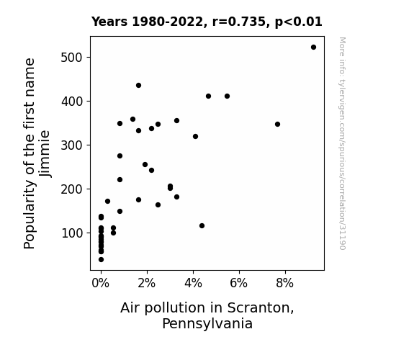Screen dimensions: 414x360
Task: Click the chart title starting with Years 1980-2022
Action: (207, 22)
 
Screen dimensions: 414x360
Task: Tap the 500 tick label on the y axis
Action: (72, 58)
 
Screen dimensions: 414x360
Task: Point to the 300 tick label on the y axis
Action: (72, 145)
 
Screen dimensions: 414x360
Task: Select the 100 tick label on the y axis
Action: (72, 233)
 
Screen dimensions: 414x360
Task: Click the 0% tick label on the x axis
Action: (100, 283)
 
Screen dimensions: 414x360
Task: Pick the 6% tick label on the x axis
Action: (239, 283)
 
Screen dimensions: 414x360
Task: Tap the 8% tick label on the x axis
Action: (284, 283)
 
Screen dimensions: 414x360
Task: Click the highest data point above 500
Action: (313, 48)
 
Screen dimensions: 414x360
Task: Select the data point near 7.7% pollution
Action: (277, 124)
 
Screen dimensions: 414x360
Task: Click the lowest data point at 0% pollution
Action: (101, 260)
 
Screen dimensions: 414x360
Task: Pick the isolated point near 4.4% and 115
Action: (202, 226)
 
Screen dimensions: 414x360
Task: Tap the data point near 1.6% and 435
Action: (139, 85)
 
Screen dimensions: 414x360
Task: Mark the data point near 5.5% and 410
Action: (227, 96)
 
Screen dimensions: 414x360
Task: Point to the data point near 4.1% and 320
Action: (195, 137)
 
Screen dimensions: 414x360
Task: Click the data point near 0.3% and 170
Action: (107, 202)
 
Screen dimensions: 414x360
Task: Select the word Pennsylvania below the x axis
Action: (207, 324)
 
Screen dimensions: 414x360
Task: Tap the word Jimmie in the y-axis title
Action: (45, 153)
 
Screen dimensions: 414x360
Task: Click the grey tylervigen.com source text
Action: (342, 143)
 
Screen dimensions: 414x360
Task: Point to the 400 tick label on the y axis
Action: (72, 101)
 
